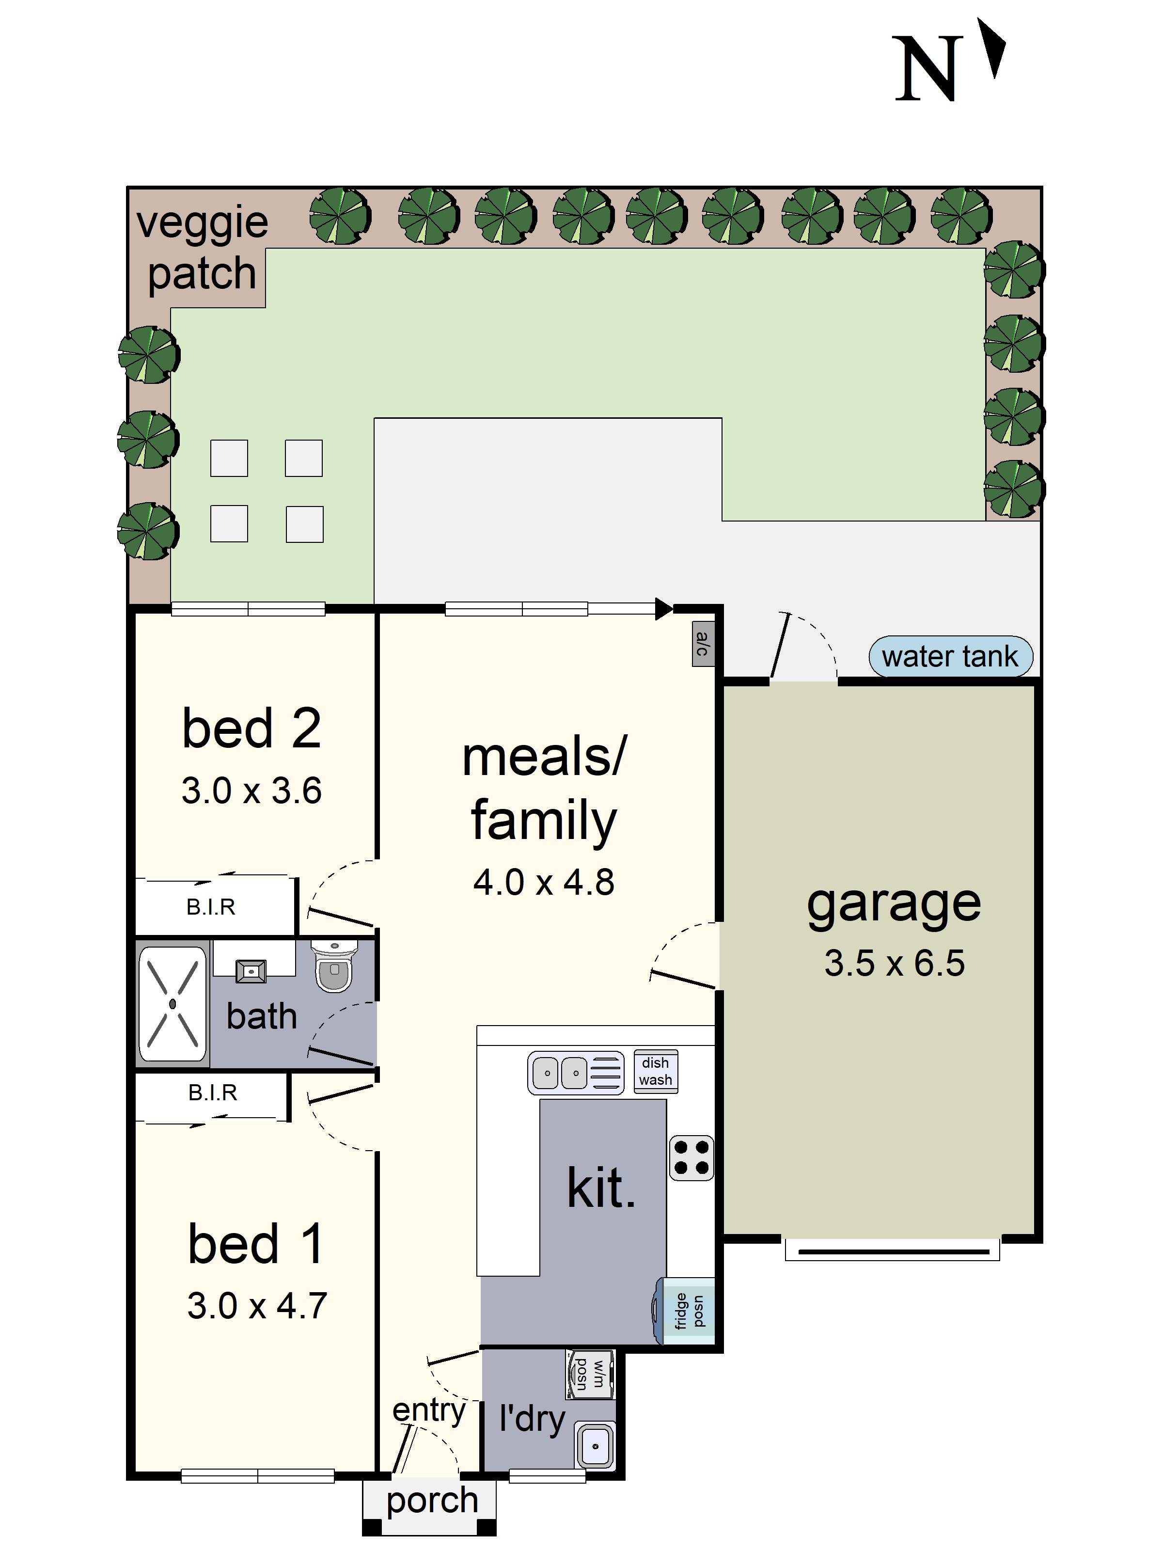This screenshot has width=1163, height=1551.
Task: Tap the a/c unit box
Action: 703,643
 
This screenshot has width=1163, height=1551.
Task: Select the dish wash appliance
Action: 656,1071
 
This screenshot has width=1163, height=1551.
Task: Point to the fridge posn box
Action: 689,1311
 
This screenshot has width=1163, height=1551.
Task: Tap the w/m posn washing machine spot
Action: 590,1374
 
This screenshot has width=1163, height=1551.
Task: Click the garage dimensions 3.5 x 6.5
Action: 894,963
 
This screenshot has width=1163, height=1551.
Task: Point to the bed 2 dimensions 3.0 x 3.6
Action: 251,790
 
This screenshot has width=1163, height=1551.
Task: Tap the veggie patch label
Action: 202,248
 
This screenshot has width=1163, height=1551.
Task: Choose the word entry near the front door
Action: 428,1410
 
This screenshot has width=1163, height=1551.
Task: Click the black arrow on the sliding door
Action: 662,609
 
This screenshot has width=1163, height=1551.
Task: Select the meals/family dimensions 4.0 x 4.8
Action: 543,882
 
